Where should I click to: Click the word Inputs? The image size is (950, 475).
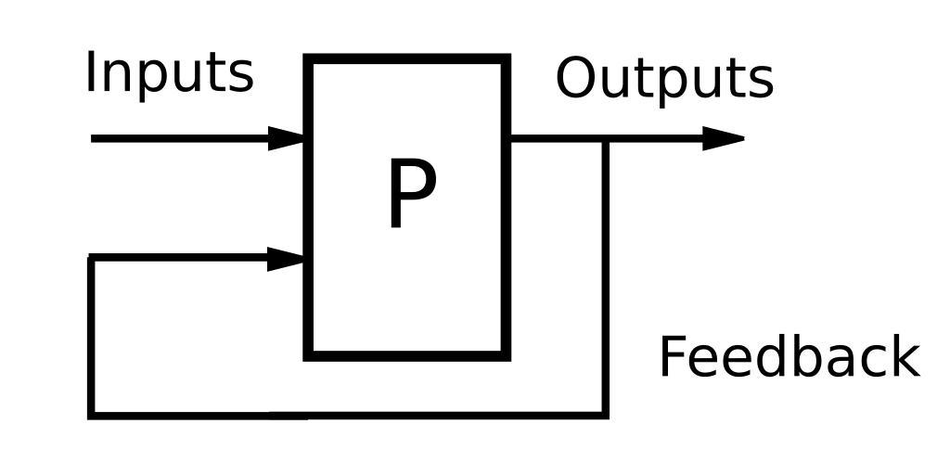pyautogui.click(x=169, y=74)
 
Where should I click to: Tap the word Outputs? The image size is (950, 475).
pyautogui.click(x=664, y=80)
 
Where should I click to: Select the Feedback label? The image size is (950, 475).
pyautogui.click(x=789, y=358)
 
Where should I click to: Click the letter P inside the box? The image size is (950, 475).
pyautogui.click(x=410, y=195)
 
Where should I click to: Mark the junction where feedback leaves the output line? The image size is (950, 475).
pyautogui.click(x=605, y=140)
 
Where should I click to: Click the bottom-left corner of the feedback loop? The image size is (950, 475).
pyautogui.click(x=91, y=415)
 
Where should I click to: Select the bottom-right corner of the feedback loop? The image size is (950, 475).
pyautogui.click(x=605, y=415)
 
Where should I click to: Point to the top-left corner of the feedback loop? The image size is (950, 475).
pyautogui.click(x=91, y=257)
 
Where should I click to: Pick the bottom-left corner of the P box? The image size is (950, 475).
pyautogui.click(x=309, y=354)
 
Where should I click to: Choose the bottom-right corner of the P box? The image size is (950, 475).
pyautogui.click(x=507, y=354)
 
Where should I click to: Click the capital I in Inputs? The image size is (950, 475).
pyautogui.click(x=91, y=72)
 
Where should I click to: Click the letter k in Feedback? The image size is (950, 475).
pyautogui.click(x=904, y=358)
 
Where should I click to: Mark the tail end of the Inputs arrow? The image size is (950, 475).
pyautogui.click(x=93, y=139)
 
